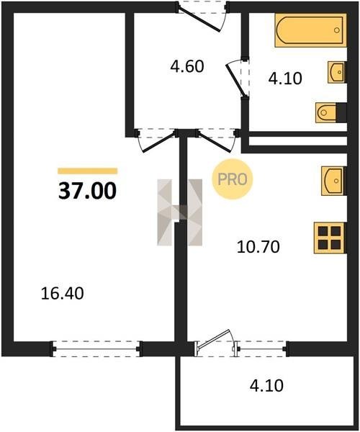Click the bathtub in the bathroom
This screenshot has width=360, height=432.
point(310,30)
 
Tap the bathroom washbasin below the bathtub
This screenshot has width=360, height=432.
point(337,72)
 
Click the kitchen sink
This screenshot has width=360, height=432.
point(334,181)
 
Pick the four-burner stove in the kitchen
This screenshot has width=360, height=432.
point(330,238)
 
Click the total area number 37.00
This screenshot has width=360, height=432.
point(87,192)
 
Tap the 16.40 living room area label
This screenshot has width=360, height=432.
point(62,294)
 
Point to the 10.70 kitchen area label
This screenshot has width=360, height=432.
point(258,246)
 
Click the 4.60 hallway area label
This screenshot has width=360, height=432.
point(187,66)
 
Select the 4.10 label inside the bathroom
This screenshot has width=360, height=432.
point(285,78)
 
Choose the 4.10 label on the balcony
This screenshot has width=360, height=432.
point(266,385)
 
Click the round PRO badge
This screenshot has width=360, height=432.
point(232,179)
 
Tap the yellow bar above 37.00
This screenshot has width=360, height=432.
point(88,171)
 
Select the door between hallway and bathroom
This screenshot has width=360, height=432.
point(238,79)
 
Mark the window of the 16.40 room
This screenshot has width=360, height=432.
point(96,349)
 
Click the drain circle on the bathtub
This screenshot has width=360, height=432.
point(336,30)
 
